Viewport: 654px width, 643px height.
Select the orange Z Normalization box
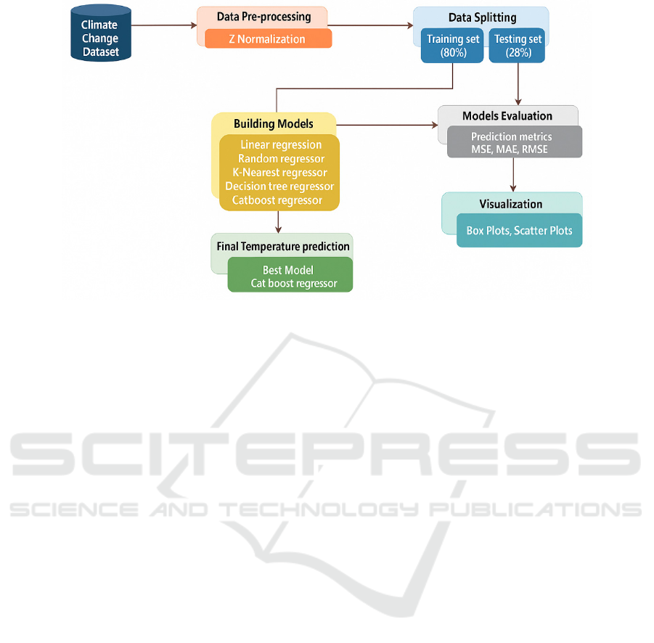268,39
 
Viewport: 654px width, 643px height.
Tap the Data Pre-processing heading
263,17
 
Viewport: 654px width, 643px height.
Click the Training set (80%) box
453,46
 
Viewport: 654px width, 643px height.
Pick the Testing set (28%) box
516,46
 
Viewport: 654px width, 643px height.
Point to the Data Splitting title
482,17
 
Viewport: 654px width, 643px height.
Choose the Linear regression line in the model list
281,144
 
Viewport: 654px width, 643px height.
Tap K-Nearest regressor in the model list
279,173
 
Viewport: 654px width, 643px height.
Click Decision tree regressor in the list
279,187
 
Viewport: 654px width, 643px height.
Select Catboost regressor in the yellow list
277,200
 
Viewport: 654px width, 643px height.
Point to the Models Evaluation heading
507,116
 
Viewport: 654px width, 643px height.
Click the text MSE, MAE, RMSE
510,150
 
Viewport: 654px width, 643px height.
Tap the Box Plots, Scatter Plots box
519,231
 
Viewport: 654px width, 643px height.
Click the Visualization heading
510,204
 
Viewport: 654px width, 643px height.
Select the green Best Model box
290,276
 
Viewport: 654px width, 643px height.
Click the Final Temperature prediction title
283,247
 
